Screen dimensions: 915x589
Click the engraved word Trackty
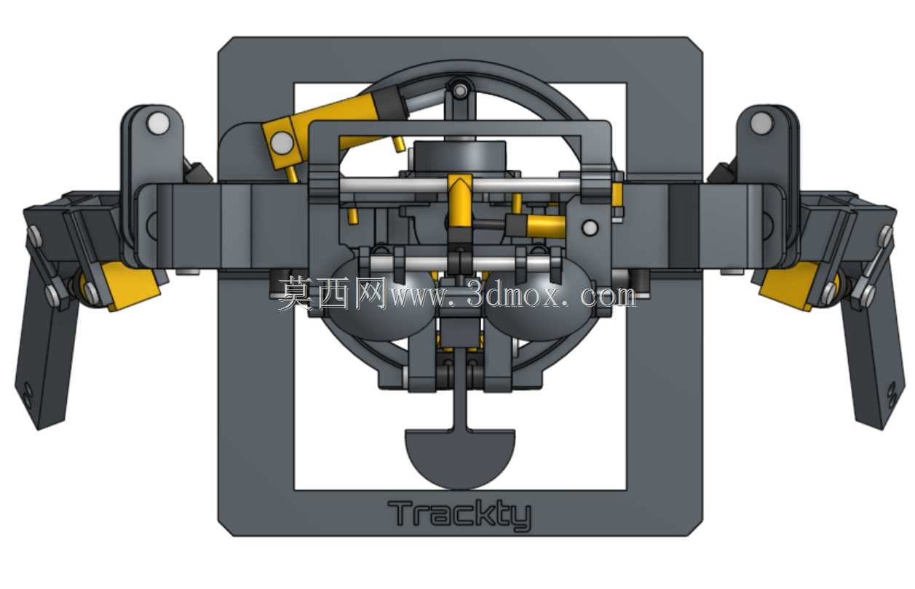click(x=459, y=515)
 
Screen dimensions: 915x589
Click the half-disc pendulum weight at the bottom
click(x=460, y=458)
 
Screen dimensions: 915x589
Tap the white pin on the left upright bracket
click(x=159, y=123)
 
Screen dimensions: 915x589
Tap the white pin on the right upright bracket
click(x=761, y=123)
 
